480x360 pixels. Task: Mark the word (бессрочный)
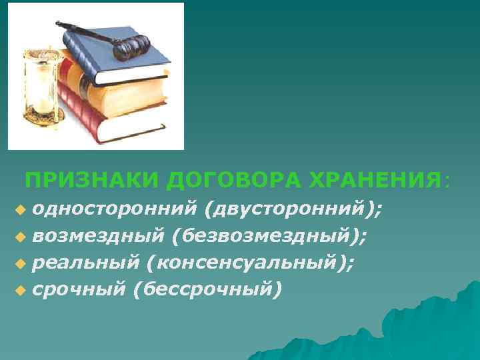point(204,289)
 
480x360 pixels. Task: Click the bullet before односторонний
point(20,211)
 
